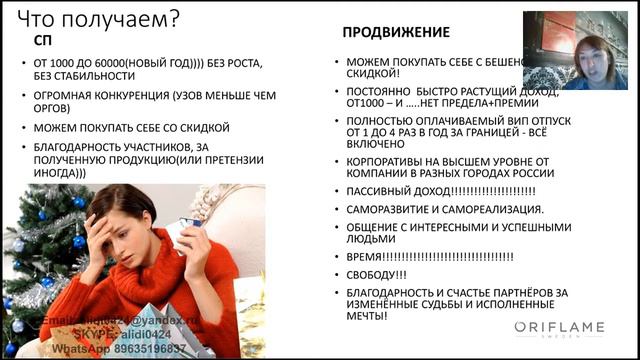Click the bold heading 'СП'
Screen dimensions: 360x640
tap(43, 41)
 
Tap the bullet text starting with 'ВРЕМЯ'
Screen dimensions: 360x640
tap(430, 256)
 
